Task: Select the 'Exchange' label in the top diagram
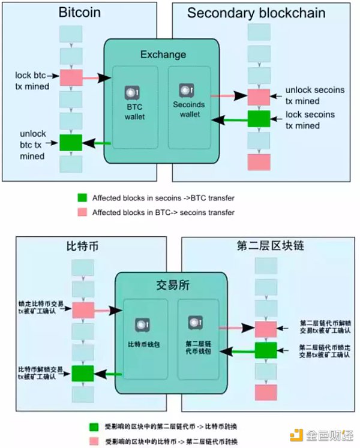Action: (163, 55)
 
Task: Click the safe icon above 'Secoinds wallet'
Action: (185, 91)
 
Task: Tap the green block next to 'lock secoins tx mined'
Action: (259, 119)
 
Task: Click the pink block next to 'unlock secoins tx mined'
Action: (259, 97)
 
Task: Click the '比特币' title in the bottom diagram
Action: (83, 246)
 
